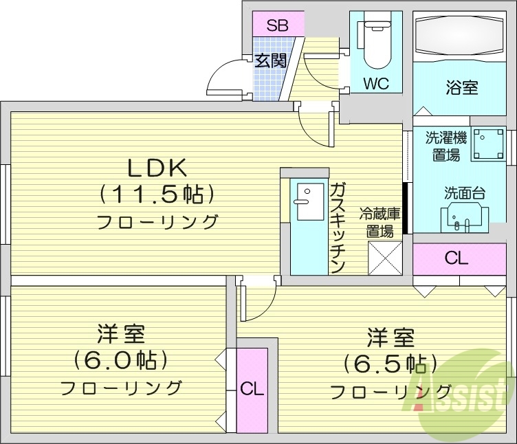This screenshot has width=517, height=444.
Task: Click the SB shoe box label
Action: [277, 26]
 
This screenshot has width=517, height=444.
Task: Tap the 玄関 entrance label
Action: [269, 60]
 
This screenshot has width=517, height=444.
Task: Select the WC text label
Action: [376, 84]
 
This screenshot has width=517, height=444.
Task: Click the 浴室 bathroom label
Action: [461, 87]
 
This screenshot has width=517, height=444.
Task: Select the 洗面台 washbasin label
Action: [464, 192]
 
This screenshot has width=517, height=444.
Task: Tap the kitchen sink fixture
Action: [302, 201]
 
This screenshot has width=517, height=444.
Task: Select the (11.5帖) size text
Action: [154, 195]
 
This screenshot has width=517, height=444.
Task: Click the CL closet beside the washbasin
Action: [456, 258]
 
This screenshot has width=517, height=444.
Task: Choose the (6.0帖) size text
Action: [120, 360]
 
